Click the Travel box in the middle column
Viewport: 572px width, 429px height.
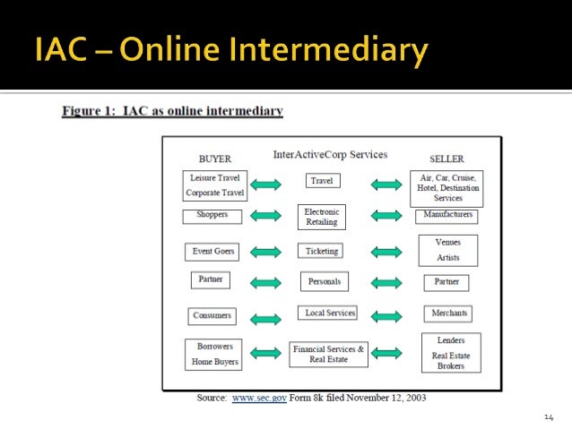point(321,181)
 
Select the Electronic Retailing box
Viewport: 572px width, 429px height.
point(321,217)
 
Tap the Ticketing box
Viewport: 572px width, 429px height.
point(321,252)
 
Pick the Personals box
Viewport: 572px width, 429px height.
point(324,282)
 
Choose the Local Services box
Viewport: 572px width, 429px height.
point(327,313)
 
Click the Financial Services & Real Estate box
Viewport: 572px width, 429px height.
point(328,354)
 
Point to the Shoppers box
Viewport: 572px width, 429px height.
point(212,216)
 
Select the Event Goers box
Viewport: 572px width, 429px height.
point(213,252)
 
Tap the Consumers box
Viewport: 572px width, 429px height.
point(212,316)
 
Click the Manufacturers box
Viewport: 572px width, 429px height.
point(446,216)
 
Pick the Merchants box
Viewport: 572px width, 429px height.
point(447,314)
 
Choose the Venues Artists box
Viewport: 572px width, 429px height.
point(447,250)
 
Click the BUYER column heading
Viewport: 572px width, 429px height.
point(214,159)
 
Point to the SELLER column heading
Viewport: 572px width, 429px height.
point(446,159)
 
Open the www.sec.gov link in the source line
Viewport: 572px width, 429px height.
point(259,397)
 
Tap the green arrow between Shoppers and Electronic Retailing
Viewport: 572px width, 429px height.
point(265,217)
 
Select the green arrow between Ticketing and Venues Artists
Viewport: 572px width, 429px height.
point(386,253)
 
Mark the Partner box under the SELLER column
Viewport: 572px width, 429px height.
point(446,282)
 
